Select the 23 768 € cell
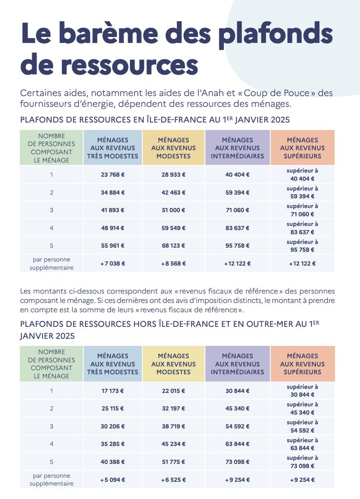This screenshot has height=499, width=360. [x=112, y=175]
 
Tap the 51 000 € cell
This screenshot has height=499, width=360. [x=173, y=210]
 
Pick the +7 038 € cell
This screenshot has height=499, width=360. [x=112, y=263]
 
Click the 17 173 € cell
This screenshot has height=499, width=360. [x=112, y=391]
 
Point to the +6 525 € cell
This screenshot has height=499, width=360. [x=173, y=479]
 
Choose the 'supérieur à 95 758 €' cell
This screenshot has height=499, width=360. [x=302, y=245]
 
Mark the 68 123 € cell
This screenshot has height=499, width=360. [x=173, y=245]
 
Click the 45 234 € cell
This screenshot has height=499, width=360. [x=173, y=444]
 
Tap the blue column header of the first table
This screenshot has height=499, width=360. [x=112, y=148]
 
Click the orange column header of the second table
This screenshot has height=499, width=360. [x=302, y=364]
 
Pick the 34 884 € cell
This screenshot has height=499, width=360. [x=112, y=193]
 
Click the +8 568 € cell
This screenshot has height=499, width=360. [x=173, y=263]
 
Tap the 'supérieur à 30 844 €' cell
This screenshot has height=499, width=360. [x=302, y=391]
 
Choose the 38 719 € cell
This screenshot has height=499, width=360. [x=173, y=426]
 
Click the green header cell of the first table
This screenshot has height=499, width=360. [x=51, y=148]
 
